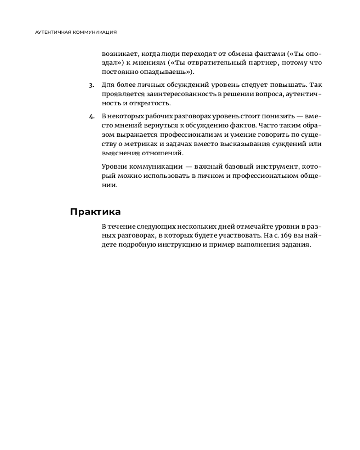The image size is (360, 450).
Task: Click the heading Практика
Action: (95, 212)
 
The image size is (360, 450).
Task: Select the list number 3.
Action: (91, 85)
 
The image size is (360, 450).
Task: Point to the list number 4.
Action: (91, 116)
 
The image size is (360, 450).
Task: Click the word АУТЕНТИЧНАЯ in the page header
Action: (53, 32)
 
